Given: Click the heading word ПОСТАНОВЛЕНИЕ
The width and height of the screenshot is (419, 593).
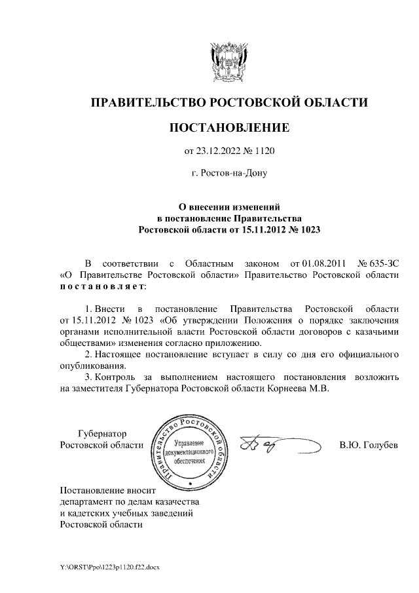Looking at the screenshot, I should coord(228,126).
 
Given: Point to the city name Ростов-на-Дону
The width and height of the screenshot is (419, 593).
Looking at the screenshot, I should coord(228,174).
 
